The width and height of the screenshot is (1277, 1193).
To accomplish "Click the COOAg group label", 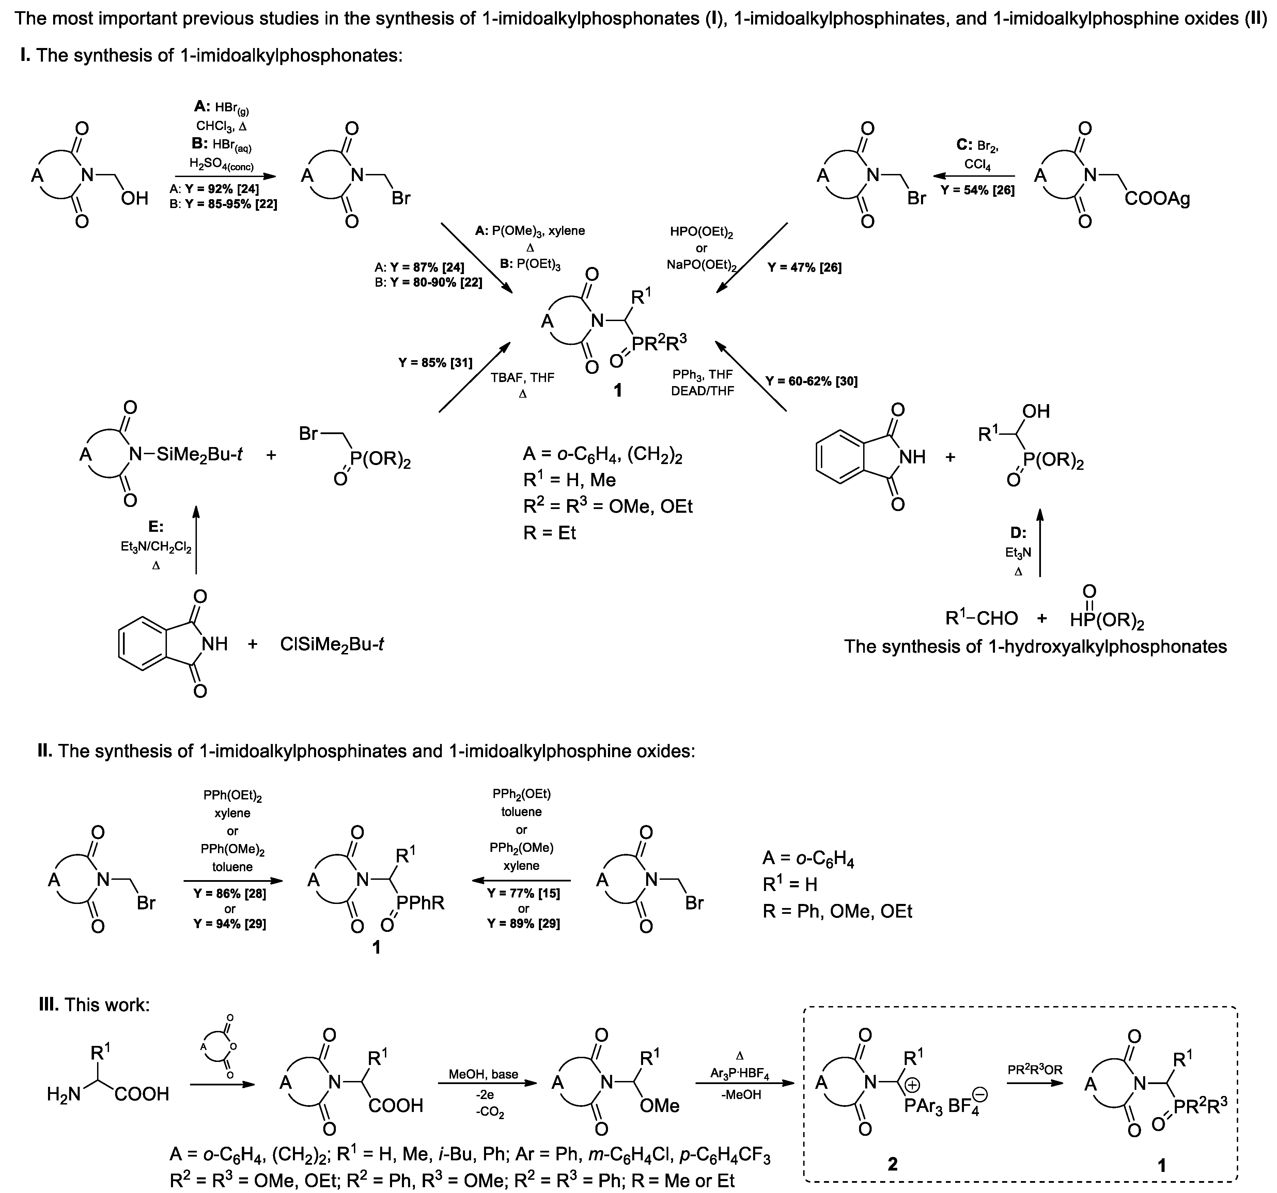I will click(1157, 199).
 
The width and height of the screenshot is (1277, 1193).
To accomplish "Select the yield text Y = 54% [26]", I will click(978, 191).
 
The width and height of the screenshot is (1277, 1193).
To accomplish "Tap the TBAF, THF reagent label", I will click(522, 378).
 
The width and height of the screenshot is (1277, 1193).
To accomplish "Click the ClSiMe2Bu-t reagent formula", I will click(332, 644).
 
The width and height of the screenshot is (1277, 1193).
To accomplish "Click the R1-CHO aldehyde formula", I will click(982, 618).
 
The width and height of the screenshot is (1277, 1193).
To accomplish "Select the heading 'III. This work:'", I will click(94, 1004).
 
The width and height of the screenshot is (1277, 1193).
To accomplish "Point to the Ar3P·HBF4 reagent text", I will click(740, 1073).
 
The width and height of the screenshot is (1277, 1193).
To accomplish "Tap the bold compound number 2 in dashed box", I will click(892, 1163).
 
